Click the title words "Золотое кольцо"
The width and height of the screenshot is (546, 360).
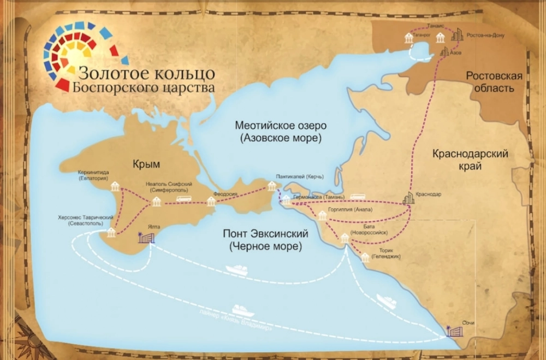(147, 73)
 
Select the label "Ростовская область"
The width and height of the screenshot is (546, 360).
(494, 82)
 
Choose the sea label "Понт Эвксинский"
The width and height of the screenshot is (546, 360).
(265, 234)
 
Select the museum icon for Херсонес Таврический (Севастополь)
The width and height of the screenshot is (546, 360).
(111, 233)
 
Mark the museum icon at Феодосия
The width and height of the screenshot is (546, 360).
(211, 202)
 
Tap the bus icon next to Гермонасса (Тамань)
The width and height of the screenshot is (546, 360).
(358, 197)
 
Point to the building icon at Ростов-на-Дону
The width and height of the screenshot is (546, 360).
(456, 36)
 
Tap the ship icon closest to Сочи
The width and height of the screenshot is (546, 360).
(386, 302)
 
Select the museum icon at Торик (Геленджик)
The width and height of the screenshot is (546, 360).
(365, 257)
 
